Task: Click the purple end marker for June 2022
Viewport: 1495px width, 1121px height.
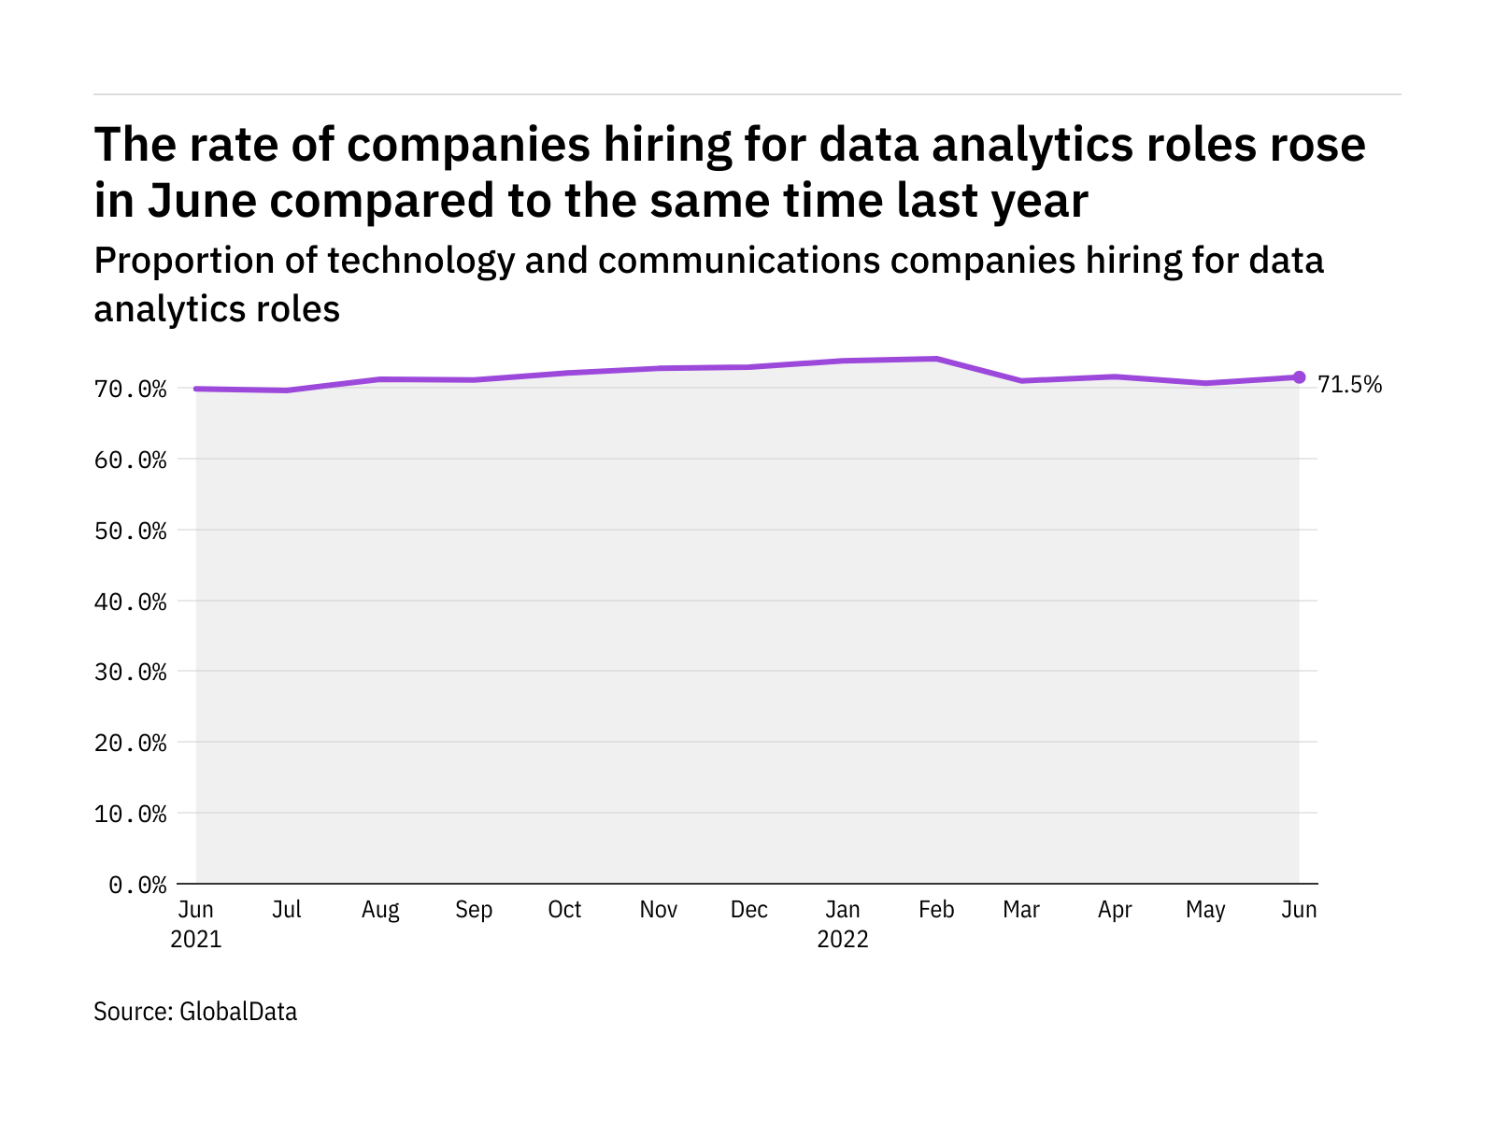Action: point(1299,377)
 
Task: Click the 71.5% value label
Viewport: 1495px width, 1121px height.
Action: point(1349,385)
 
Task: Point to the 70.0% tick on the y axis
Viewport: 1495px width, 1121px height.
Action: point(131,389)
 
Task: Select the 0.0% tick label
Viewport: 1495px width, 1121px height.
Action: point(137,885)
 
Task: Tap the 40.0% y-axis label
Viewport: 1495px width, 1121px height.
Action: point(131,602)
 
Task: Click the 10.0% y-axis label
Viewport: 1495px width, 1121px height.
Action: point(131,814)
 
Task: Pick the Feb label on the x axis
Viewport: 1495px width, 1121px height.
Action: point(936,910)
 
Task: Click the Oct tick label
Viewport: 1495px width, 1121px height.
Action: point(564,910)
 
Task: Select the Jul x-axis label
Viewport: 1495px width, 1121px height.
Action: point(286,910)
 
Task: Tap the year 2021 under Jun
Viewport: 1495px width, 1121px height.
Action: point(196,939)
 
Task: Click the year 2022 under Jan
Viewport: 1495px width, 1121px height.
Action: point(843,939)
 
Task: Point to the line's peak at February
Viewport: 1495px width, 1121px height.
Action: point(936,359)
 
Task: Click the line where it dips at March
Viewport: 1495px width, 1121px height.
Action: point(1022,381)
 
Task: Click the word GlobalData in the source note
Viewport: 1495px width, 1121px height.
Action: point(238,1012)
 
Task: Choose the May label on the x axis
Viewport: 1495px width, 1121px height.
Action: point(1205,910)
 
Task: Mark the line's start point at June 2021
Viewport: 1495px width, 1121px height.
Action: point(196,389)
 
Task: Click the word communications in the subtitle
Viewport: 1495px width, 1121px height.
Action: point(738,262)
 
